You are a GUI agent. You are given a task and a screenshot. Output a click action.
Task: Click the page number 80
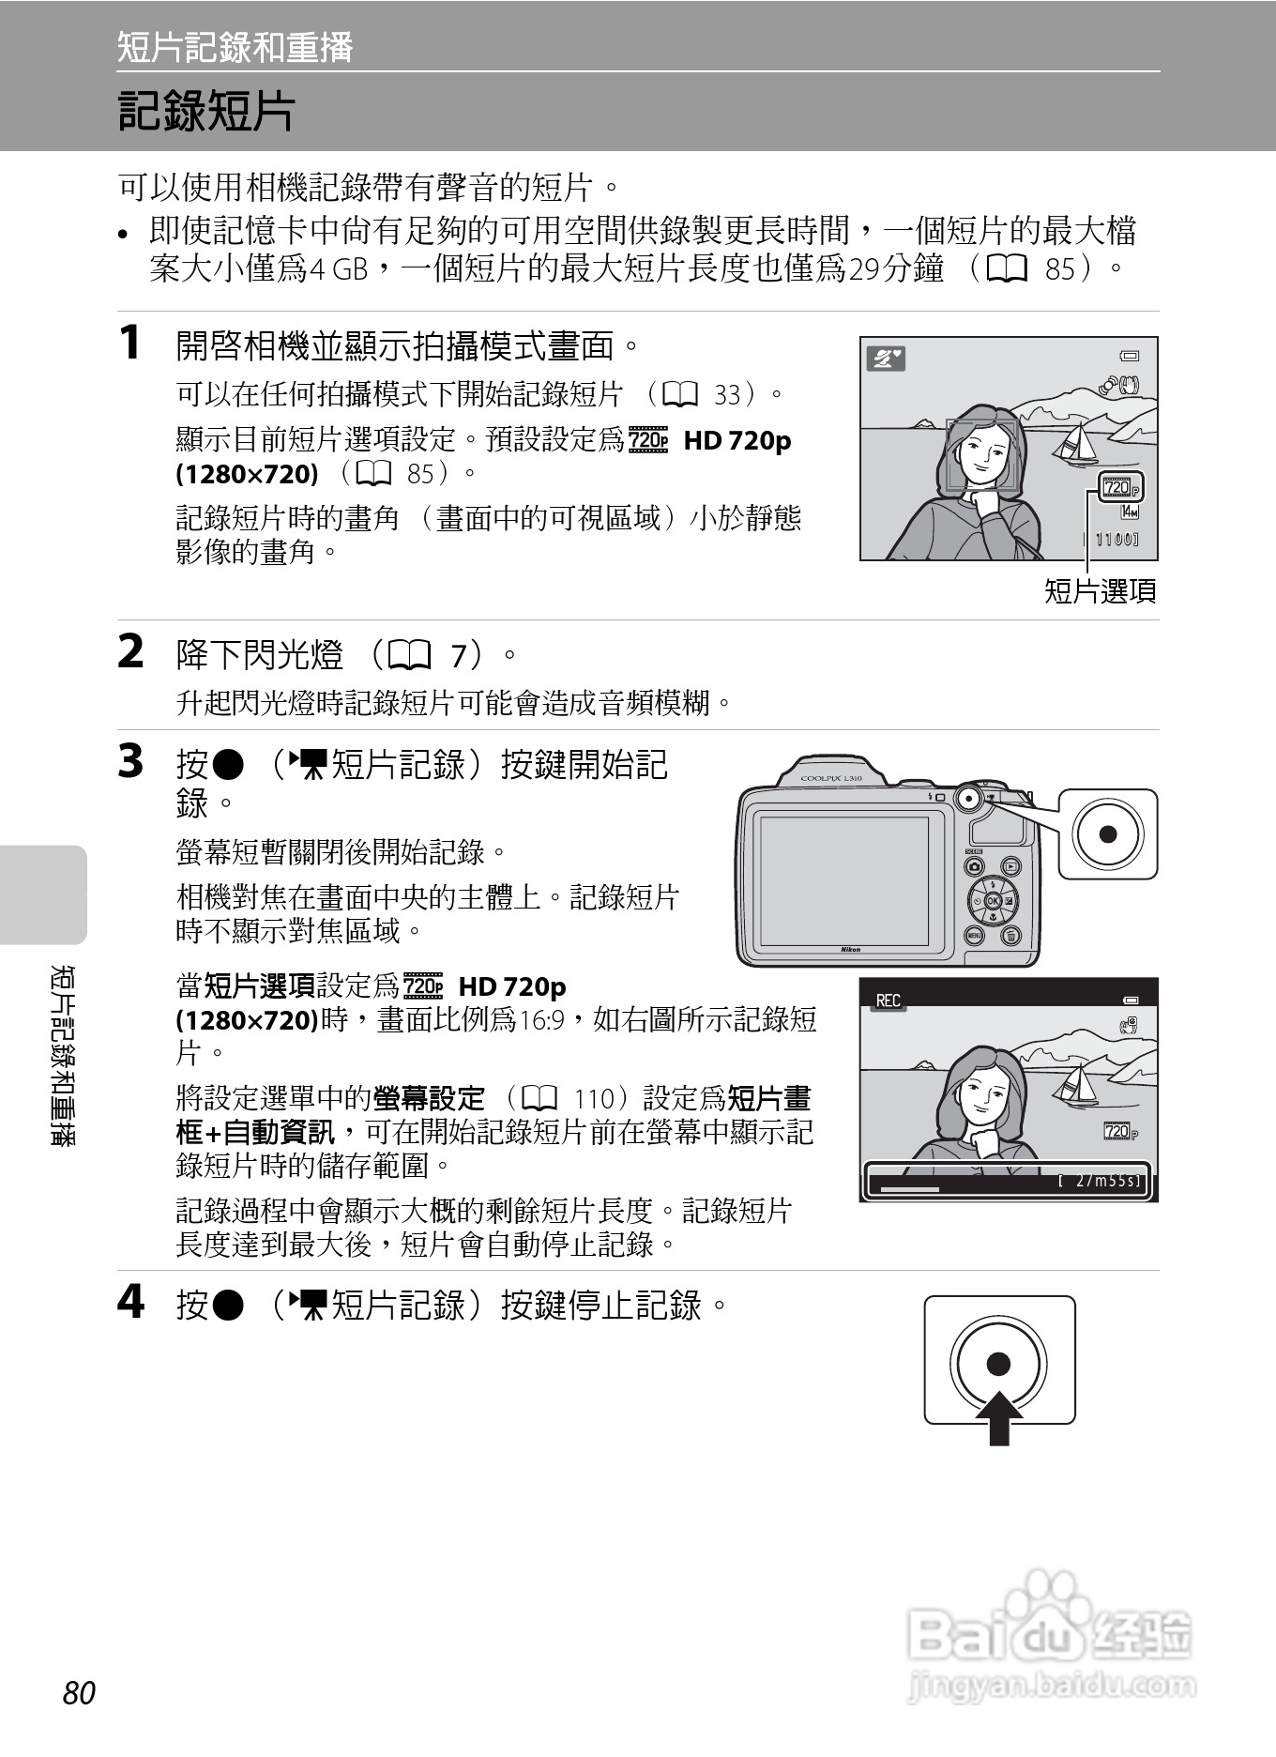click(x=80, y=1692)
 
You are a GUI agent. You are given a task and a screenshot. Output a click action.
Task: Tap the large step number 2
click(x=131, y=651)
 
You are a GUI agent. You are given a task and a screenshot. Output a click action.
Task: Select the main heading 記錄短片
click(x=205, y=111)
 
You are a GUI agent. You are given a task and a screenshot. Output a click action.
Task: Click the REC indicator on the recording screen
click(x=888, y=1000)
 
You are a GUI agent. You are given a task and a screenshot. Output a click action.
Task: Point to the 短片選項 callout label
click(x=1100, y=590)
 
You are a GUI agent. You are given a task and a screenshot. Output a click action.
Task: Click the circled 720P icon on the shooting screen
click(x=1120, y=487)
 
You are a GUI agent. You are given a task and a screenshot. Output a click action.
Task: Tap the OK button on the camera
click(x=992, y=901)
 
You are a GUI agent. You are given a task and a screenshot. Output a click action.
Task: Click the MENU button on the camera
click(x=975, y=935)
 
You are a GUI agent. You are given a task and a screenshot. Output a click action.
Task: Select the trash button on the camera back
click(x=1010, y=935)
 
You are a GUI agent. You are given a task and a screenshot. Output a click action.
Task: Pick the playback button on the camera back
click(x=1010, y=866)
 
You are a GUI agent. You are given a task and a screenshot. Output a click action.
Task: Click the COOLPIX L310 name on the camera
click(x=830, y=778)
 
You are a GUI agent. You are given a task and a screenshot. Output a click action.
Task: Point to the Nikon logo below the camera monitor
click(x=849, y=950)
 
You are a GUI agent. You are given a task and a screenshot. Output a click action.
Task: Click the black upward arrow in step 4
click(x=999, y=1418)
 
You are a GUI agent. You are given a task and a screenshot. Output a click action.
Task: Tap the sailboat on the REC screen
click(x=1076, y=1085)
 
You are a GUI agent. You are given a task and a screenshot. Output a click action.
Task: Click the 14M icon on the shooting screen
click(x=1130, y=512)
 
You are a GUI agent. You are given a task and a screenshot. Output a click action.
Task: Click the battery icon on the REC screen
click(x=1132, y=1000)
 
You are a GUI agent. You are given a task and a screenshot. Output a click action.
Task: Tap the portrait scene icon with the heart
click(x=886, y=359)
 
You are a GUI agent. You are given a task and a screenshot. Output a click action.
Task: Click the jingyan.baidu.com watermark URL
click(x=1051, y=1686)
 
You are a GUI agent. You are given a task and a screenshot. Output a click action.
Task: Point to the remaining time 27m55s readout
click(x=1100, y=1181)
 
